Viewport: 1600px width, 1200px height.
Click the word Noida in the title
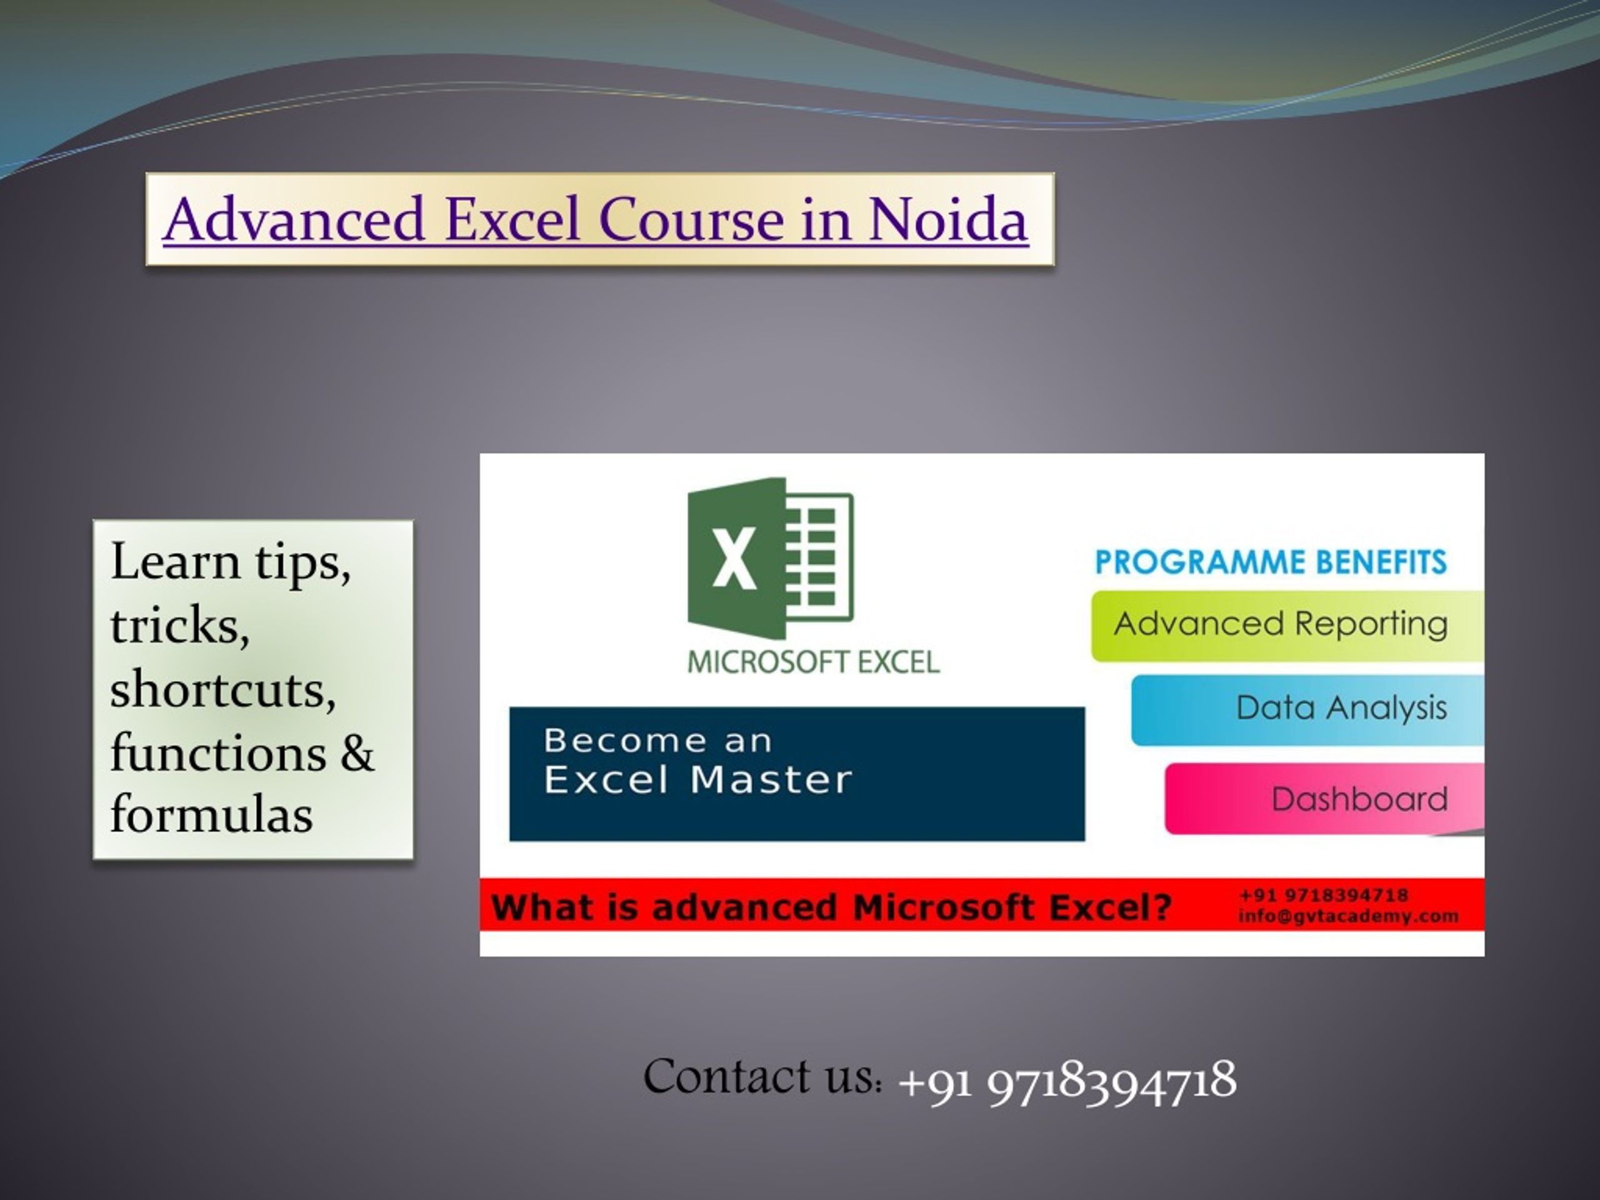947,219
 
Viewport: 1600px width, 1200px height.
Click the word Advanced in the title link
294,219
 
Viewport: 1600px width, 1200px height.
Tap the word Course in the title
691,219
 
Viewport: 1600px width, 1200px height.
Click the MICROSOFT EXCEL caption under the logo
813,662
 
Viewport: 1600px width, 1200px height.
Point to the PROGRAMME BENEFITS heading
1271,562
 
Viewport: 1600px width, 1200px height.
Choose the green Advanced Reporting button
1287,626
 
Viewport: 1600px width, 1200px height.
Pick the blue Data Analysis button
1307,709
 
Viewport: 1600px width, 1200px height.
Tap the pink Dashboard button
1324,799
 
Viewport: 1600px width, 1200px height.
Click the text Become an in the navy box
657,740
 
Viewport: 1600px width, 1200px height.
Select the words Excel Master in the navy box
698,780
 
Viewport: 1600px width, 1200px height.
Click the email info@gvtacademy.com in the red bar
1348,916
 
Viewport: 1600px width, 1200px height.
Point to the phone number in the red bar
1324,896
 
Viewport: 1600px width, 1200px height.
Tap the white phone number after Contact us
1067,1081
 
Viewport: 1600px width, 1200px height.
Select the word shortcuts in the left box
222,689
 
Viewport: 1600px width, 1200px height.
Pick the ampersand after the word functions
357,752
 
